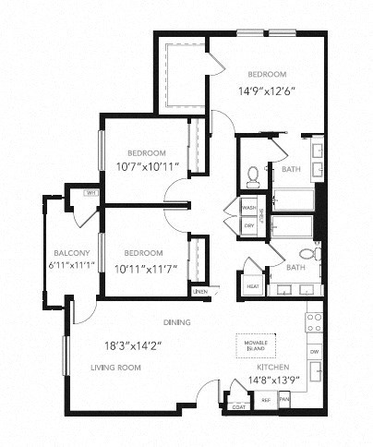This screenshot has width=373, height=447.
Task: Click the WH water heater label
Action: click(90, 194)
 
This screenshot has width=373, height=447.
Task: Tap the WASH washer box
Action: click(249, 208)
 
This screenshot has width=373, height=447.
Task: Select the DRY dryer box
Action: click(248, 225)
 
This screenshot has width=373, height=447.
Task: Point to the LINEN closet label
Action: click(199, 293)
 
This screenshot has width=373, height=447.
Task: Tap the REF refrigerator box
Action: click(265, 400)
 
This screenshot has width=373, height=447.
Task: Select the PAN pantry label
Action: click(284, 400)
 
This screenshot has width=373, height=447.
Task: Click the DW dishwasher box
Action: click(314, 352)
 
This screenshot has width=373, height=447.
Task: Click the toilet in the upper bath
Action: click(254, 173)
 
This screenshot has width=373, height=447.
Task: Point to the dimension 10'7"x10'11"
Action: click(147, 167)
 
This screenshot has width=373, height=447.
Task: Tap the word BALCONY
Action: click(70, 253)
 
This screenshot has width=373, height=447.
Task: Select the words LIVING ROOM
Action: click(115, 368)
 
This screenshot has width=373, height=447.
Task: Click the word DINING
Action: click(177, 322)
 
